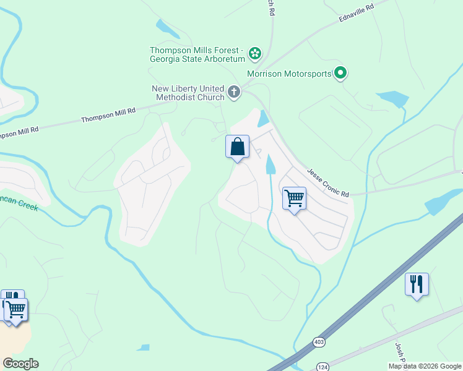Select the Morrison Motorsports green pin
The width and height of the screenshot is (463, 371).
(340, 74)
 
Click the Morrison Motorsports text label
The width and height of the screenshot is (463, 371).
(288, 74)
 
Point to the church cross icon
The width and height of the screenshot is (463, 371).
(233, 93)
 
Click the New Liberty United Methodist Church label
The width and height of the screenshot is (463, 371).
(188, 93)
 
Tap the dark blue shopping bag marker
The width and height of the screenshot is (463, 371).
(237, 147)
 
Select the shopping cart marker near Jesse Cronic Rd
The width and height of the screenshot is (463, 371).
(294, 199)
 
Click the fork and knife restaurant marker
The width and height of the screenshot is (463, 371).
(417, 284)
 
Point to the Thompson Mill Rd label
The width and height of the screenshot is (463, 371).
(108, 115)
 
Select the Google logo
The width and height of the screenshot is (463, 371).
(20, 364)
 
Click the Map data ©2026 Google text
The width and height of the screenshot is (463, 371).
(425, 366)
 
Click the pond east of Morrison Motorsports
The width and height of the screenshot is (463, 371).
(392, 98)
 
